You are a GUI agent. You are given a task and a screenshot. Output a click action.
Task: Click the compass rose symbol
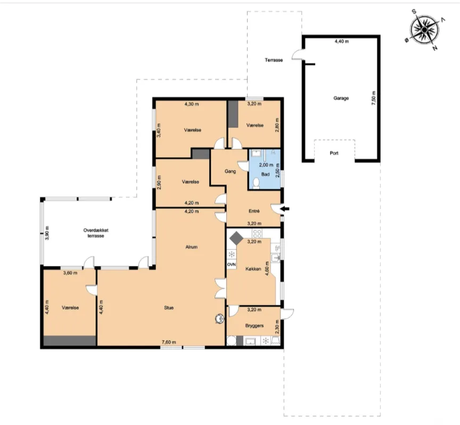pyautogui.click(x=424, y=29)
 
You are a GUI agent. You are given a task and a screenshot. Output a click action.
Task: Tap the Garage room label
pyautogui.click(x=341, y=98)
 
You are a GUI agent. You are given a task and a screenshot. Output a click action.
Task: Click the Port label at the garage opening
pyautogui.click(x=334, y=153)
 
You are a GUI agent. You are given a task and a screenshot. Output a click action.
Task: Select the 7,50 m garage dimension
pyautogui.click(x=373, y=98)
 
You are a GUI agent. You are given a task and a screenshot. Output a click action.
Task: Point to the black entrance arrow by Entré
pyautogui.click(x=285, y=209)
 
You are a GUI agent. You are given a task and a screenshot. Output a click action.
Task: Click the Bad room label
pyautogui.click(x=265, y=174)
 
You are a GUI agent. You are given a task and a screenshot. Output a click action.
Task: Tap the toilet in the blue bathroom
pyautogui.click(x=256, y=183)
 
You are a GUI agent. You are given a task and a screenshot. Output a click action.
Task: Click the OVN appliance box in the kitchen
pyautogui.click(x=232, y=264)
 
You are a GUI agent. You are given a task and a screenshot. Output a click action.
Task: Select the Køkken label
pyautogui.click(x=253, y=269)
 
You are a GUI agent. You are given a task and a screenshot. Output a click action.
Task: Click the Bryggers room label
pyautogui.click(x=254, y=326)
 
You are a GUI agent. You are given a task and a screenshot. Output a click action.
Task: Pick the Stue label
pyautogui.click(x=169, y=308)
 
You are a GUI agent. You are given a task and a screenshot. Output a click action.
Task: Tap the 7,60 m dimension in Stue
pyautogui.click(x=169, y=342)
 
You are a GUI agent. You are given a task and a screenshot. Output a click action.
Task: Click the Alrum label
pyautogui.click(x=191, y=247)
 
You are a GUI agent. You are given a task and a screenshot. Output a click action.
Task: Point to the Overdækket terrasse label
pyautogui.click(x=96, y=233)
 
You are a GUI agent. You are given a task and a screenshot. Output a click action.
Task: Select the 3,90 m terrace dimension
pyautogui.click(x=47, y=233)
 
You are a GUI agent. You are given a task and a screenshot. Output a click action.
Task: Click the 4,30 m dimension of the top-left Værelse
pyautogui.click(x=191, y=104)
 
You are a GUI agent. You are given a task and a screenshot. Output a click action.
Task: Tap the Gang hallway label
pyautogui.click(x=230, y=171)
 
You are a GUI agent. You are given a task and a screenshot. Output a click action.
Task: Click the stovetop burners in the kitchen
pyautogui.click(x=257, y=234)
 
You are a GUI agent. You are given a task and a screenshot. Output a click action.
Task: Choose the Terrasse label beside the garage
pyautogui.click(x=274, y=60)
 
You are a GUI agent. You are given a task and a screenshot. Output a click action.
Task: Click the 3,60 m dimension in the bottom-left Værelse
pyautogui.click(x=70, y=273)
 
